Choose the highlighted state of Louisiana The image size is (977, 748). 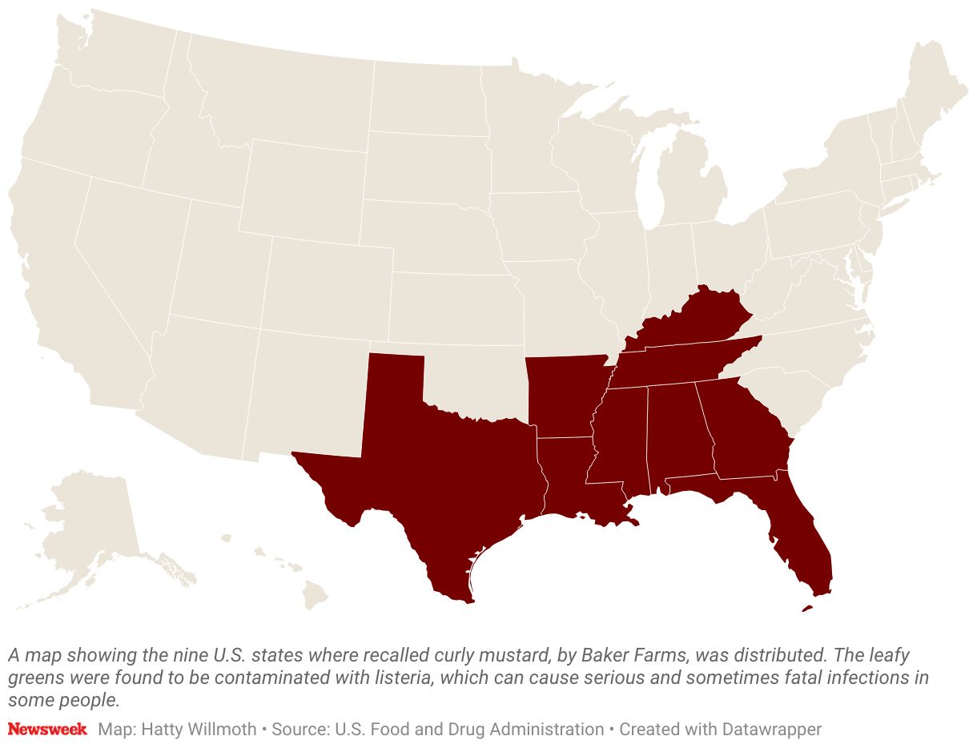click(x=569, y=481)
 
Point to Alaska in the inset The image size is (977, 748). click(x=88, y=529)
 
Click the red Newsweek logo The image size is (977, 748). click(x=47, y=730)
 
